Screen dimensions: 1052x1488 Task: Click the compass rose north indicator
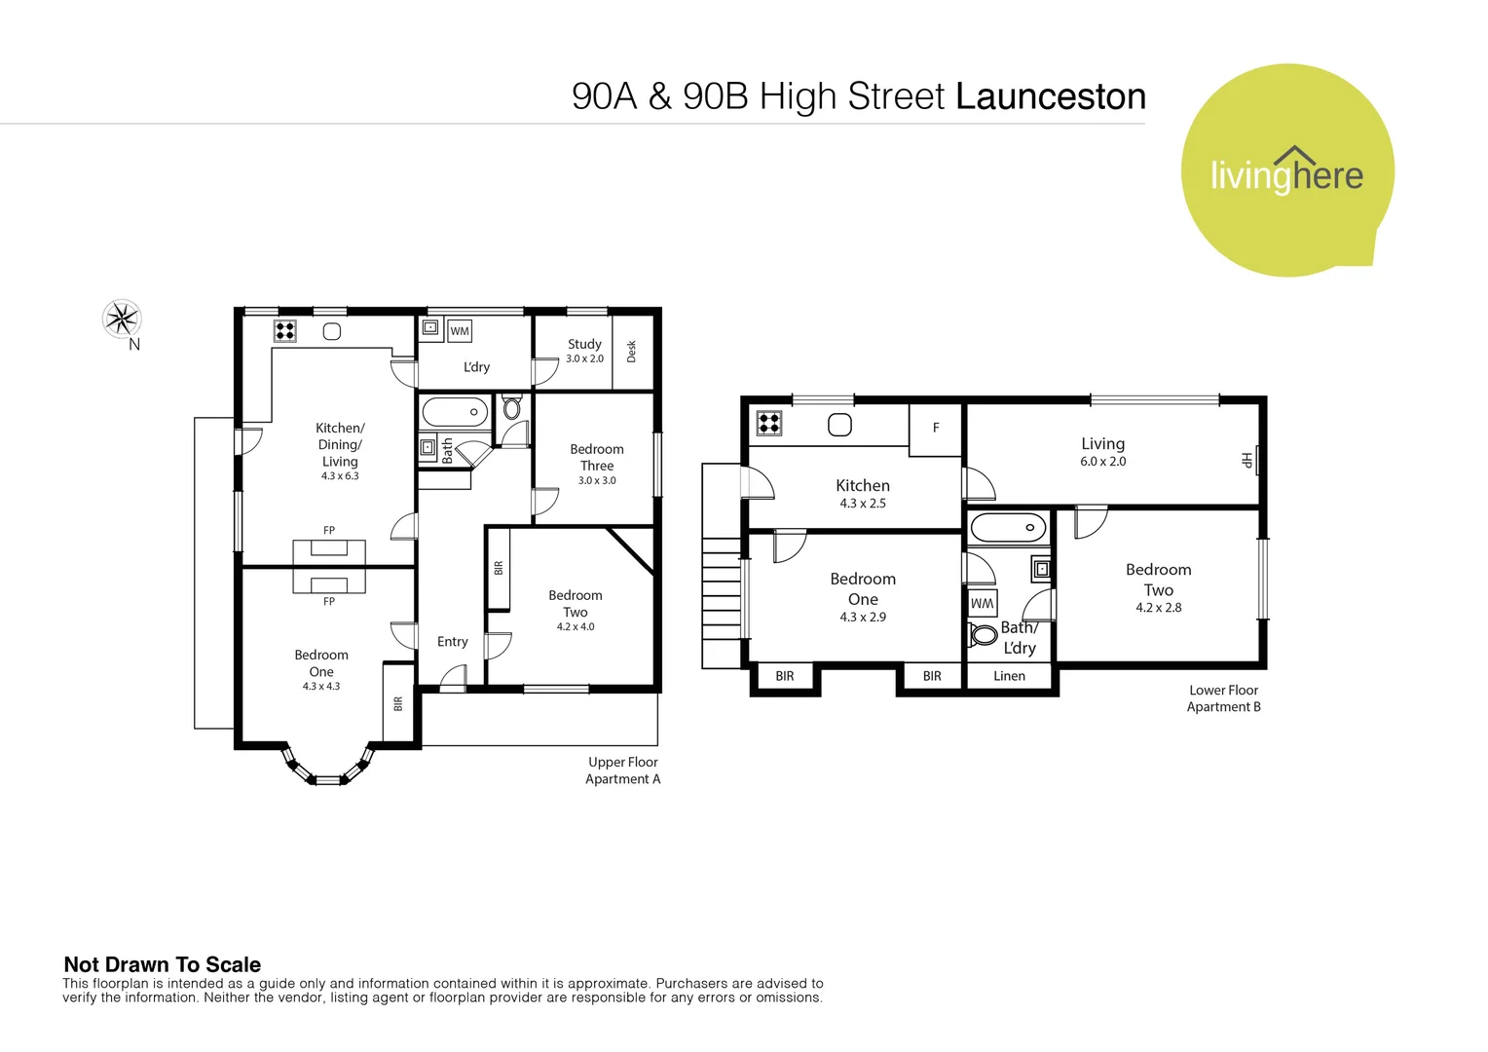point(123,319)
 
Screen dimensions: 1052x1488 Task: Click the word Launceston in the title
point(1050,96)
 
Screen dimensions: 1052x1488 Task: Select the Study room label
point(584,344)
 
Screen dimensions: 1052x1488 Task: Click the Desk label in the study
point(631,351)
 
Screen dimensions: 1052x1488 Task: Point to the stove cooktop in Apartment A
point(284,331)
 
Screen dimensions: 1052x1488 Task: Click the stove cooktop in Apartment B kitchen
point(769,423)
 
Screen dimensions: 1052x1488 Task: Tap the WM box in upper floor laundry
point(460,331)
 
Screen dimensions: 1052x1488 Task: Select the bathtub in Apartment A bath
point(455,412)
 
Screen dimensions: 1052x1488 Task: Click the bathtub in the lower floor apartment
point(1008,529)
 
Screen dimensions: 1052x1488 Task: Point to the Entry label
point(452,641)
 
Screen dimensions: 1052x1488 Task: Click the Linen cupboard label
point(1009,676)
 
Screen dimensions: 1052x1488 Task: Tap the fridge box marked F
point(936,428)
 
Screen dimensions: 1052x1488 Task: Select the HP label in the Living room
point(1246,460)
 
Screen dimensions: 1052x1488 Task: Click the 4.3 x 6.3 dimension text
point(340,476)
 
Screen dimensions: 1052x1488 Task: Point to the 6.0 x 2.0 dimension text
point(1102,462)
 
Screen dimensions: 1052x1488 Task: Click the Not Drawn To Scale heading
point(163,964)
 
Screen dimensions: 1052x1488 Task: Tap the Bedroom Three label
point(597,457)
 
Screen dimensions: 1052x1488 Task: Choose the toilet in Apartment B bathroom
point(983,635)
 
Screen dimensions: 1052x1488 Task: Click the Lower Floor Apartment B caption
point(1223,698)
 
